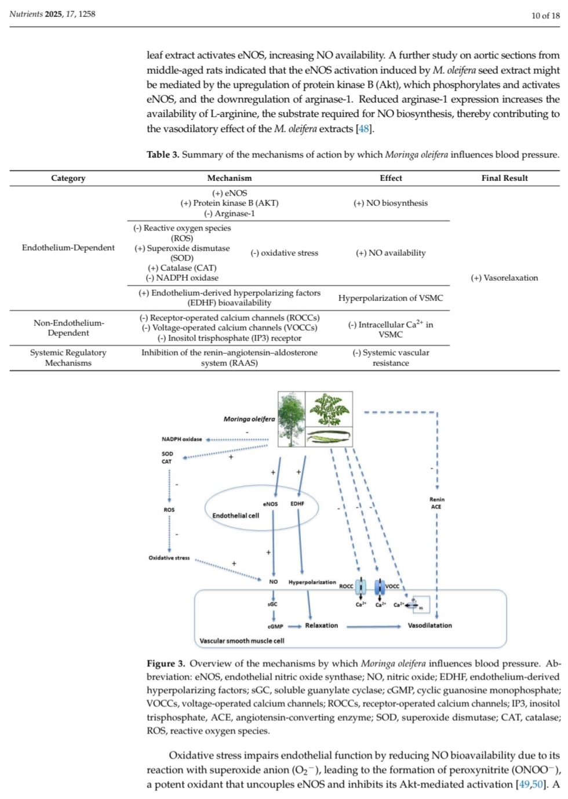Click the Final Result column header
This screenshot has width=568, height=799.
[x=504, y=178]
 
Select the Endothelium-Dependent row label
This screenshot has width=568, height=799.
[x=68, y=248]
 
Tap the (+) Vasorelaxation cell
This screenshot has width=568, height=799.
[x=504, y=278]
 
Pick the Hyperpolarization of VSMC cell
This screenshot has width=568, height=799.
[x=391, y=298]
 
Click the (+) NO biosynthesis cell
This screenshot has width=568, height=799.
[x=391, y=203]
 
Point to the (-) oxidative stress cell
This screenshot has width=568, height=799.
[x=284, y=253]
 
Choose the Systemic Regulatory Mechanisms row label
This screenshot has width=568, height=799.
[x=68, y=358]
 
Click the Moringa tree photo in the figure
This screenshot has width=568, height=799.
[x=292, y=419]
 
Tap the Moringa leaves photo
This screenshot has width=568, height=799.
[x=329, y=409]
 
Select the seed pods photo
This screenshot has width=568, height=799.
[x=329, y=436]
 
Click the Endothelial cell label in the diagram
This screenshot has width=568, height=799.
[x=235, y=515]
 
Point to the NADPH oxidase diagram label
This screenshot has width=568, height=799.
[x=182, y=439]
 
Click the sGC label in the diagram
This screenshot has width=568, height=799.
[x=272, y=604]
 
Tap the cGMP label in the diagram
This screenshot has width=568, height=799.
[x=275, y=626]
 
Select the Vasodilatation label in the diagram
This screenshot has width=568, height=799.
[x=429, y=626]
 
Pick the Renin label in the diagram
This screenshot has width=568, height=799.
[x=437, y=499]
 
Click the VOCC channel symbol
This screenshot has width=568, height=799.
[x=380, y=587]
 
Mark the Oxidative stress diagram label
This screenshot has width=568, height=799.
[x=169, y=558]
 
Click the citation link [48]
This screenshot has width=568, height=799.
[x=364, y=129]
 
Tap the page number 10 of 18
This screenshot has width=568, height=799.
[x=545, y=15]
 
